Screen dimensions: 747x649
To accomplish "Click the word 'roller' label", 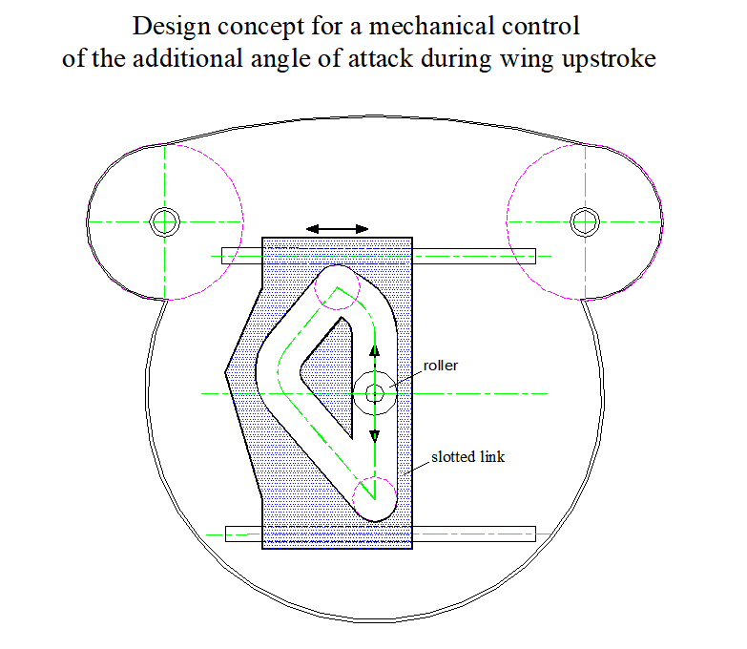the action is [x=440, y=366].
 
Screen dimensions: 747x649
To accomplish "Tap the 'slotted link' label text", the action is [x=467, y=457].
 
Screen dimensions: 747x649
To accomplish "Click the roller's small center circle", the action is [x=374, y=393].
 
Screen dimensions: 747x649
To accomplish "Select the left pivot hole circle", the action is [x=165, y=222].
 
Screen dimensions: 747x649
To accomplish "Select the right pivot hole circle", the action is [x=585, y=222].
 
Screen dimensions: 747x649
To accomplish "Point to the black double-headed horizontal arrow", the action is [x=337, y=229].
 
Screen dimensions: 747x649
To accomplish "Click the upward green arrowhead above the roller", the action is [x=374, y=351].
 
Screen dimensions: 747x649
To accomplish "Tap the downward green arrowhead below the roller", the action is [x=374, y=435].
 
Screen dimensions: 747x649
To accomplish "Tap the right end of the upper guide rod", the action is [x=535, y=256].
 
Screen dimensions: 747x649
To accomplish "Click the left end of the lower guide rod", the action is [x=226, y=534].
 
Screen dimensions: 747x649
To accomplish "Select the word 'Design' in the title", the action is [x=171, y=27].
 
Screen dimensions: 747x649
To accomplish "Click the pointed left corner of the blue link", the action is [x=225, y=372].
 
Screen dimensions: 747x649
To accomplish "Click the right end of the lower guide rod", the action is [x=535, y=534].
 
